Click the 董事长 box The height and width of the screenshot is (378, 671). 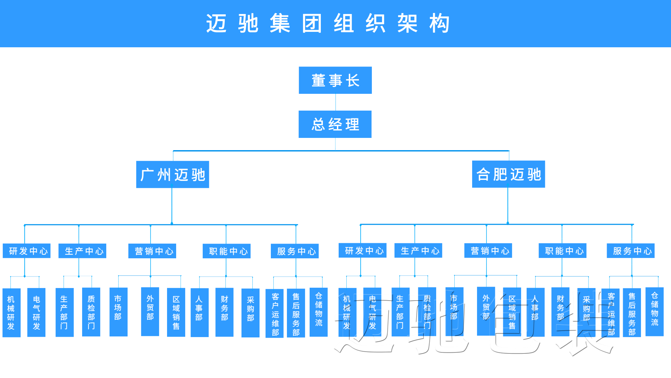tap(335, 80)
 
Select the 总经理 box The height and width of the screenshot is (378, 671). tap(335, 124)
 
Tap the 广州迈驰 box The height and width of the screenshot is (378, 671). tap(173, 175)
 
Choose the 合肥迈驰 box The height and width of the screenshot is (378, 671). tap(508, 174)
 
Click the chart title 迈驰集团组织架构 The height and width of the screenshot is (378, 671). tap(328, 23)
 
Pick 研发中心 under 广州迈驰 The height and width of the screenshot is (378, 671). tap(27, 251)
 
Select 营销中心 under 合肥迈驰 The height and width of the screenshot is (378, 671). tap(488, 251)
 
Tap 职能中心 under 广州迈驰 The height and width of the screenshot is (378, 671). tap(227, 251)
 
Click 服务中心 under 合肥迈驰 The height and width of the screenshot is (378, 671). tap(631, 251)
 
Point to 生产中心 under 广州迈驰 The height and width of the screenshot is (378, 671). tap(82, 251)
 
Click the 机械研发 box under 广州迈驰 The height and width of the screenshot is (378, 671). tap(12, 313)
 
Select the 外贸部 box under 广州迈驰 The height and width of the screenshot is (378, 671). tap(150, 311)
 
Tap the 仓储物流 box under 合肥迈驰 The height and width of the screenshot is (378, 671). tap(655, 312)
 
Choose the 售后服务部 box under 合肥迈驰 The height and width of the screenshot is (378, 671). tap(632, 313)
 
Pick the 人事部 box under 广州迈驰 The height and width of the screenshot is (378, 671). tap(200, 313)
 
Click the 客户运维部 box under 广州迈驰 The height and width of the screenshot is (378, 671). tap(275, 313)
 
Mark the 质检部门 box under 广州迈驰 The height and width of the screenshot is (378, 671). tap(91, 312)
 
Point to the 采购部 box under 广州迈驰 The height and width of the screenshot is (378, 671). tap(251, 313)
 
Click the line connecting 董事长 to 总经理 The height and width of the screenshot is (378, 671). tap(335, 102)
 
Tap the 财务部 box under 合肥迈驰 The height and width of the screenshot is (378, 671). tap(561, 312)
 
